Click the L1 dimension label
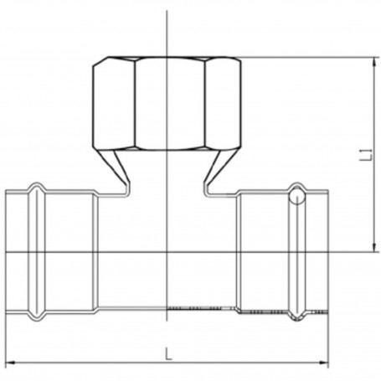pyautogui.click(x=369, y=155)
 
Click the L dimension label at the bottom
pyautogui.click(x=167, y=353)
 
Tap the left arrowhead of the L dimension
pyautogui.click(x=10, y=363)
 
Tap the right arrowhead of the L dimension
pyautogui.click(x=324, y=363)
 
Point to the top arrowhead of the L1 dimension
pyautogui.click(x=374, y=62)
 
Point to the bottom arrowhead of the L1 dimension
pyautogui.click(x=374, y=247)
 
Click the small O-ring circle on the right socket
pyautogui.click(x=297, y=196)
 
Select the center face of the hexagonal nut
pyautogui.click(x=170, y=104)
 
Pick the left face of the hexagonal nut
pyautogui.click(x=114, y=104)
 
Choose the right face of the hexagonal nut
pyautogui.click(x=223, y=104)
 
